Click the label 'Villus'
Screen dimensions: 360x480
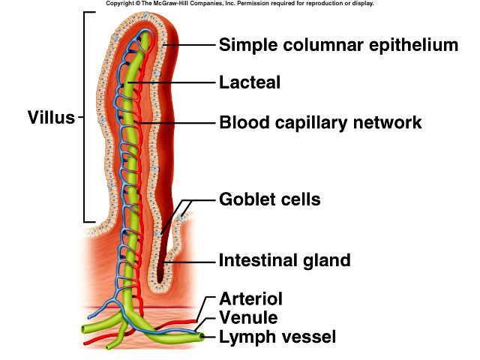tap(51, 118)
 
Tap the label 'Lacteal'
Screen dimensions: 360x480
tap(249, 82)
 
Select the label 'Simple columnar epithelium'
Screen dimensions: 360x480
tap(337, 44)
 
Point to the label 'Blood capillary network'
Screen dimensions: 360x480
tap(320, 121)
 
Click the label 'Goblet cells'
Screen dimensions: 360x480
tap(269, 199)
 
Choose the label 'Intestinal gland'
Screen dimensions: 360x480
tap(284, 261)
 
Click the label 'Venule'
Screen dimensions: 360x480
tap(247, 318)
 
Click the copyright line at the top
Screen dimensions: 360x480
tap(240, 4)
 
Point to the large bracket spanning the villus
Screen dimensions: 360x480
tap(85, 118)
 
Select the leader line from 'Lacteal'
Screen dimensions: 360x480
tap(180, 82)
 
